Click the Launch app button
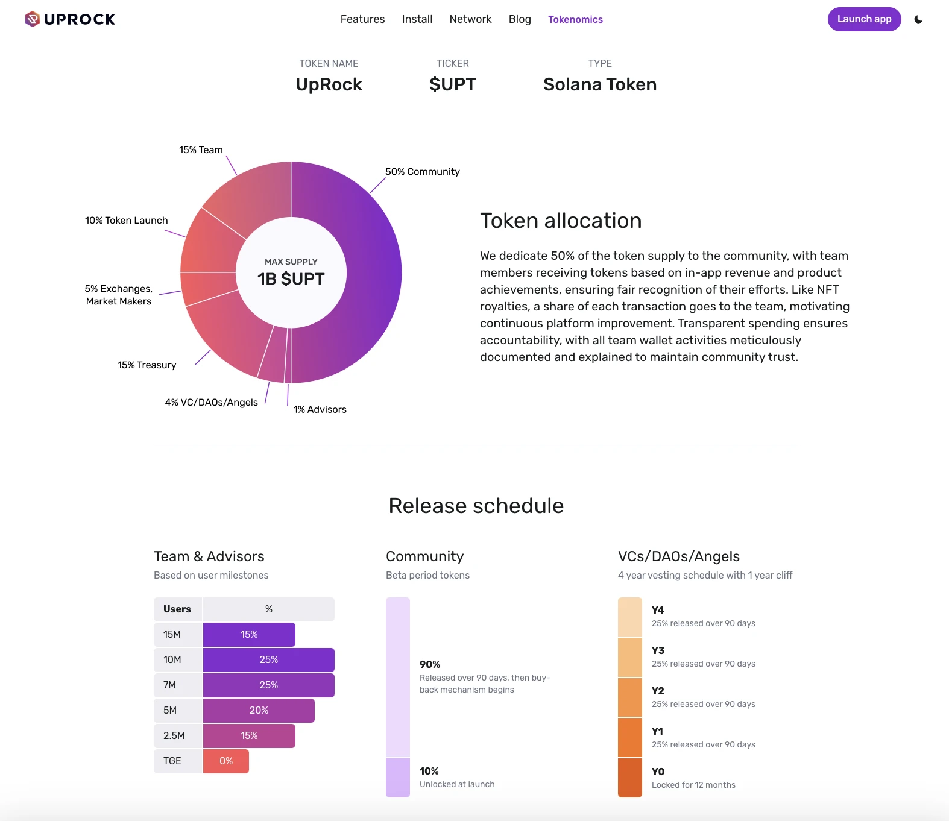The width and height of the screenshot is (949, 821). click(x=863, y=19)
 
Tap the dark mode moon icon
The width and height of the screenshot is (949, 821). click(x=918, y=19)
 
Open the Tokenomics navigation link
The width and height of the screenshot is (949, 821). click(x=575, y=19)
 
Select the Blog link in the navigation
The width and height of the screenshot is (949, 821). click(x=519, y=19)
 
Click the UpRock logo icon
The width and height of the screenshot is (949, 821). click(x=33, y=19)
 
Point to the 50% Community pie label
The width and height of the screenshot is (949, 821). click(x=422, y=172)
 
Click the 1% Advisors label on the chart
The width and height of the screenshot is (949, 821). click(x=320, y=409)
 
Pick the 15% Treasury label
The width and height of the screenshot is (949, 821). click(x=147, y=365)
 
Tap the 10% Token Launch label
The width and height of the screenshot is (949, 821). click(x=126, y=221)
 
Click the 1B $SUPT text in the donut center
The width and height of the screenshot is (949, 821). click(x=291, y=279)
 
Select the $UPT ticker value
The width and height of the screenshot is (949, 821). click(x=452, y=84)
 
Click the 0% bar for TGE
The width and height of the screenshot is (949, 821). click(x=225, y=761)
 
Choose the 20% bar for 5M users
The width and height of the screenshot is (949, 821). click(x=259, y=711)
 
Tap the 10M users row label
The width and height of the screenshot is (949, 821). click(x=172, y=660)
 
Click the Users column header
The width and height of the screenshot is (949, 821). click(x=177, y=609)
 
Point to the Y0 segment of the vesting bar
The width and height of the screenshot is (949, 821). click(x=629, y=778)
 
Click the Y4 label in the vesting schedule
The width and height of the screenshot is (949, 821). click(x=658, y=610)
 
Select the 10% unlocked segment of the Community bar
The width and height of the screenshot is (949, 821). click(x=397, y=778)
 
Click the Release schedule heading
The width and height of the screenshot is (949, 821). click(x=476, y=506)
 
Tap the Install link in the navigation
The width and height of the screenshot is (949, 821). click(x=417, y=19)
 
